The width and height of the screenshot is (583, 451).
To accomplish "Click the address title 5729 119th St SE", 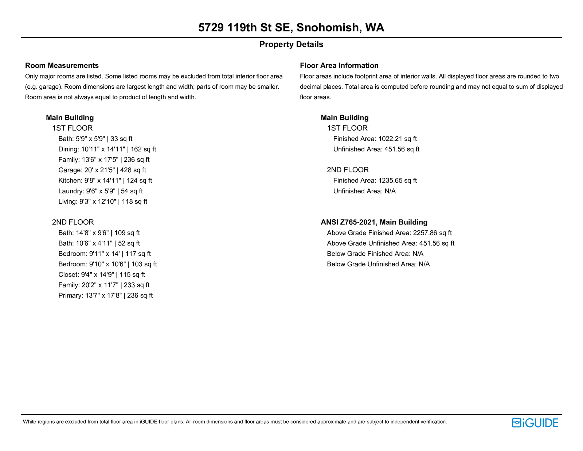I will pos(291,28).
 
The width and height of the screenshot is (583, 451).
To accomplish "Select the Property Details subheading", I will pos(291,45).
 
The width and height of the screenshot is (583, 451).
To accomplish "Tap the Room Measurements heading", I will pos(62,66).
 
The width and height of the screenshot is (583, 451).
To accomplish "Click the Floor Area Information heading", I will pos(339,66).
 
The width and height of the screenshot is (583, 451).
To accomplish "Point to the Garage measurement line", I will pos(102,170).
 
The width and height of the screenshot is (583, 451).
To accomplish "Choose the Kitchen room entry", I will pos(105,181).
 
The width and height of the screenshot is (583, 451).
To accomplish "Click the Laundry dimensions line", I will pos(101,191).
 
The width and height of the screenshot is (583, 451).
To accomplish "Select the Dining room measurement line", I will pos(107,149).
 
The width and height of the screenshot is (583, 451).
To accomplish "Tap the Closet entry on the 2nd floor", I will pos(102,275).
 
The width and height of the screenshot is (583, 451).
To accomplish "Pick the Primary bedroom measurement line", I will pos(105,296).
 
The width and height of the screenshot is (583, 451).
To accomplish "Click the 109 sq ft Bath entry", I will pos(99,233).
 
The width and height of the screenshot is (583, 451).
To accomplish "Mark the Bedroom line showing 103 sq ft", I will pos(107,264).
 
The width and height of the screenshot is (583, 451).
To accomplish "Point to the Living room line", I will pos(103,202).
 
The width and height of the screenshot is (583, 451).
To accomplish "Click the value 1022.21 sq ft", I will pos(398,139).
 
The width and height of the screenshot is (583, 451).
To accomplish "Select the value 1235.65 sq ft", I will pos(398,181).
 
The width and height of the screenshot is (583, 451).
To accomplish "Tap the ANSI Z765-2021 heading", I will pos(374,222).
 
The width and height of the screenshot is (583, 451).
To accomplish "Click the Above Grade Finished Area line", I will pos(389,233).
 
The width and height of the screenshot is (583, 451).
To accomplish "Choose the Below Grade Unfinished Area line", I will pos(378,264).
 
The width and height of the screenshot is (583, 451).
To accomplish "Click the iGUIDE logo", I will pos(535,423).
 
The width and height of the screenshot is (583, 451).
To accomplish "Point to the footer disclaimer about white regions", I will pos(235,422).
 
